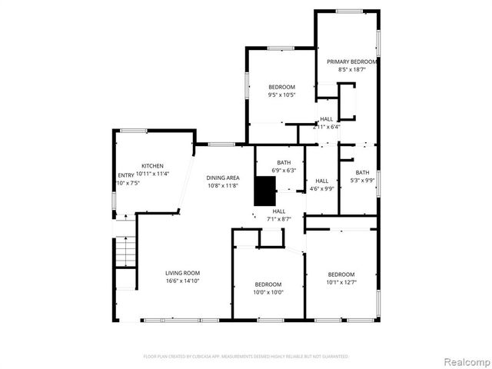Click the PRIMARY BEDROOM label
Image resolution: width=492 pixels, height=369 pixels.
(351, 61)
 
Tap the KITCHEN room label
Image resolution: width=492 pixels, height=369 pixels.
(152, 166)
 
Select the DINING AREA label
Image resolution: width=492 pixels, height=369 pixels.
(222, 178)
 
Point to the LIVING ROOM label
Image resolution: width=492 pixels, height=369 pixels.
(182, 273)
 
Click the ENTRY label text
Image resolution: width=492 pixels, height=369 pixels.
(125, 176)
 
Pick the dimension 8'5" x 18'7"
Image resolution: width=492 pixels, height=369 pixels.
(351, 69)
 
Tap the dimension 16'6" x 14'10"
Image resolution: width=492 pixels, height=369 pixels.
(182, 281)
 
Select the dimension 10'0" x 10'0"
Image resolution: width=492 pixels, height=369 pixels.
(268, 292)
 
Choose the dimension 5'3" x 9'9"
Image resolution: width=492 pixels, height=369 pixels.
(362, 181)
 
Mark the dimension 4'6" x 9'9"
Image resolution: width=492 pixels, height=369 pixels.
(321, 188)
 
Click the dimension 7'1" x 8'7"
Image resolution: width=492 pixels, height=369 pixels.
(279, 219)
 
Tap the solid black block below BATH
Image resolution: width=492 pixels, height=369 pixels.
(265, 191)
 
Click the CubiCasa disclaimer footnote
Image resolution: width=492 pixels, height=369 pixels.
(246, 357)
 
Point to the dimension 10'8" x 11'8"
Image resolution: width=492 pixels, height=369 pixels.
(222, 186)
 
